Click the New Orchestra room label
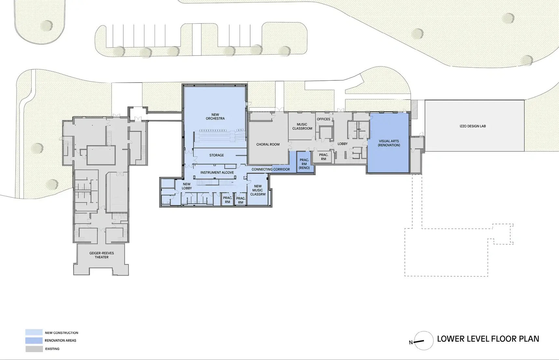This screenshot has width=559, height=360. point(215,117)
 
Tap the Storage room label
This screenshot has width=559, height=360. point(216,155)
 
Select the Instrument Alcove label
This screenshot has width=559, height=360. point(217,173)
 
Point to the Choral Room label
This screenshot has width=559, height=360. point(268,145)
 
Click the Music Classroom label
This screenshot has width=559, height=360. point(302,126)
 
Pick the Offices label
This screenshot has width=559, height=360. point(323,119)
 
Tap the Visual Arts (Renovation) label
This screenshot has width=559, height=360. point(389,143)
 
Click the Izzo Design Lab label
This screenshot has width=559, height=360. point(472,126)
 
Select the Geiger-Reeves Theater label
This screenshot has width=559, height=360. point(102,255)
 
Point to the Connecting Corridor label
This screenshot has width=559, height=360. point(271,170)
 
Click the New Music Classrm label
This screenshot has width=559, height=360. point(258,190)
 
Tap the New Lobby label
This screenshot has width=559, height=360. point(187,186)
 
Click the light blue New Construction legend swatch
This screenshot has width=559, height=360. point(34,332)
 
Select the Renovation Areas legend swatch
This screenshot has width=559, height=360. point(34,340)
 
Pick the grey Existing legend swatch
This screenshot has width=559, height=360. point(34,349)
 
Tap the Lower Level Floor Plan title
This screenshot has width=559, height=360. point(488,339)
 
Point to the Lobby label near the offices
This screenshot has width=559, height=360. point(342,144)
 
